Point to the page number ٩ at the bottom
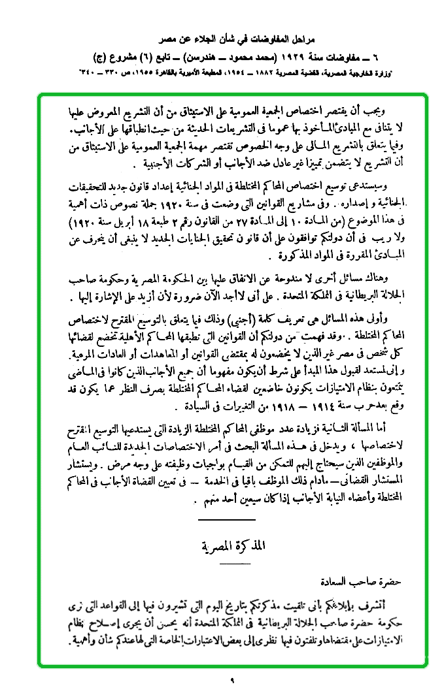(x=231, y=683)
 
